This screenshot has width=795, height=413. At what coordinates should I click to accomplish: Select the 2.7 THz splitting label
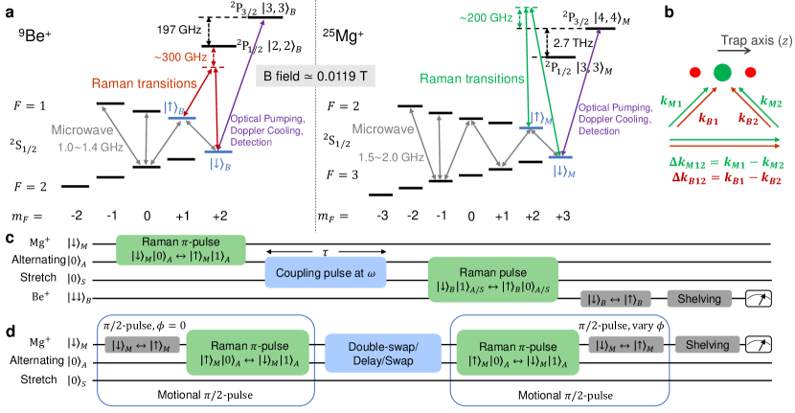click(x=572, y=43)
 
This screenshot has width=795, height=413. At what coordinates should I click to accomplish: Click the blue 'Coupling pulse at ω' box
click(x=326, y=271)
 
